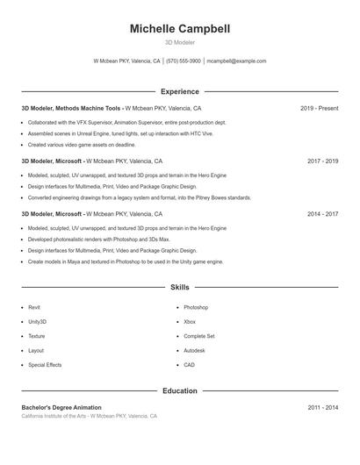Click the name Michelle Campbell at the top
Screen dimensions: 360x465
pyautogui.click(x=180, y=29)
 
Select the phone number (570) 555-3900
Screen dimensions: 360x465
pyautogui.click(x=183, y=61)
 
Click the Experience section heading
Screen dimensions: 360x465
pyautogui.click(x=180, y=91)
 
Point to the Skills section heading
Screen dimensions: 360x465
pyautogui.click(x=180, y=287)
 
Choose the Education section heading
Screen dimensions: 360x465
pyautogui.click(x=180, y=390)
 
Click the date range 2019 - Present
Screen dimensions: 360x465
pyautogui.click(x=319, y=108)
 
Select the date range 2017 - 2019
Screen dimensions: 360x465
pyautogui.click(x=322, y=161)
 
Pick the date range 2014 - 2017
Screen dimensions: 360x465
pyautogui.click(x=322, y=213)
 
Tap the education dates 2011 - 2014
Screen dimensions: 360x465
pyautogui.click(x=322, y=408)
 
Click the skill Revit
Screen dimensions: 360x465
pyautogui.click(x=34, y=308)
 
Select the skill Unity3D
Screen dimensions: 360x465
pyautogui.click(x=37, y=322)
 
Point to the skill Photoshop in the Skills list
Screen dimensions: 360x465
pyautogui.click(x=196, y=308)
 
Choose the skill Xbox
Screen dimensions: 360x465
pyautogui.click(x=190, y=322)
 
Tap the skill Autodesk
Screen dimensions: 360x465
pyautogui.click(x=194, y=350)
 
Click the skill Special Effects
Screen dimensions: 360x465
pyautogui.click(x=45, y=365)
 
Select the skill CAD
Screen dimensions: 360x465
pyautogui.click(x=190, y=365)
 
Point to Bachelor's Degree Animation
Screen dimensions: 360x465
pyautogui.click(x=61, y=408)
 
